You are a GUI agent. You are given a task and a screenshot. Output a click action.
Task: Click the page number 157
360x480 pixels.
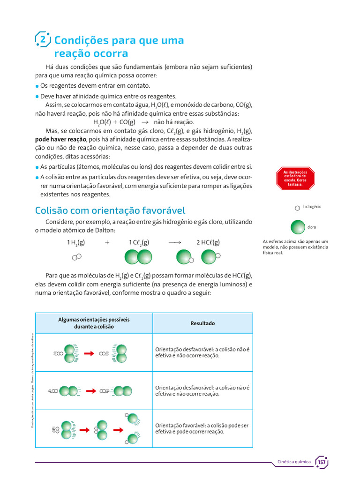[x=322, y=462]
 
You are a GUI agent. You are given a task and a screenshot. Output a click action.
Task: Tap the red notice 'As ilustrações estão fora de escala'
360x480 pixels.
[x=295, y=178]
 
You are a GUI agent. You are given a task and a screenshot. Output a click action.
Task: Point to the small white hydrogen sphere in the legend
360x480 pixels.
[x=297, y=208]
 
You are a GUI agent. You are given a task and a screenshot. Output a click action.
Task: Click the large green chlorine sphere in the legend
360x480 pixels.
[x=298, y=227]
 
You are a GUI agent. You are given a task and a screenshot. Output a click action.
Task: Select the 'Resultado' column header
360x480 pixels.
[x=202, y=323]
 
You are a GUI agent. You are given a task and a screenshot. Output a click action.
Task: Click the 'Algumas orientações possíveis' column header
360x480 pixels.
[x=94, y=323]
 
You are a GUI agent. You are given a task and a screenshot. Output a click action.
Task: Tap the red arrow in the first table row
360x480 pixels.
[x=89, y=353]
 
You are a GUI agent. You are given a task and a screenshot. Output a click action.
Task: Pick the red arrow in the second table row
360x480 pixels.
[x=91, y=390]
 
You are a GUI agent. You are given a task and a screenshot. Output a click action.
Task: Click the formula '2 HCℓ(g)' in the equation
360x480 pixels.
[x=208, y=242]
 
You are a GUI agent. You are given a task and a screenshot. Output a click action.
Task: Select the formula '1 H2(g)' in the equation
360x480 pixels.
[x=76, y=242]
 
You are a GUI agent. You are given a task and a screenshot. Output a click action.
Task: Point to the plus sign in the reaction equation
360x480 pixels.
[x=107, y=242]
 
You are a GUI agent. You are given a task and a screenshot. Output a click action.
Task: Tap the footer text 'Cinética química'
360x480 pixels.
[x=294, y=462]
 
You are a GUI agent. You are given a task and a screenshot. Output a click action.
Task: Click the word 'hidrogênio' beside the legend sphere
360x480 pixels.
[x=312, y=207]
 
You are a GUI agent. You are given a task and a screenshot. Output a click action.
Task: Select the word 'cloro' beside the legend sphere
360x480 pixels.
[x=312, y=227]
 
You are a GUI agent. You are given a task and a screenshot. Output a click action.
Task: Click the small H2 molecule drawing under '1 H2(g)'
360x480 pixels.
[x=77, y=257]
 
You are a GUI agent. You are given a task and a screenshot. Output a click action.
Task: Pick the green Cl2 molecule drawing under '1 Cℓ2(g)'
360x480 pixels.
[x=138, y=257]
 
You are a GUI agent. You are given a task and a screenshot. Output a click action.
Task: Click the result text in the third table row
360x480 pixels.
[x=202, y=428]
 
